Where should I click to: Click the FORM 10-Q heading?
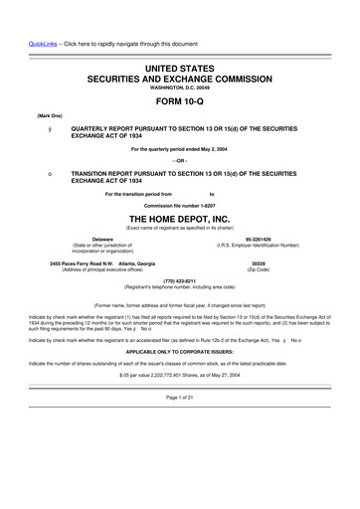[180, 100]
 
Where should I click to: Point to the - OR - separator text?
[180, 161]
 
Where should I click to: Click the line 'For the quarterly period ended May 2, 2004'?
[180, 149]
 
